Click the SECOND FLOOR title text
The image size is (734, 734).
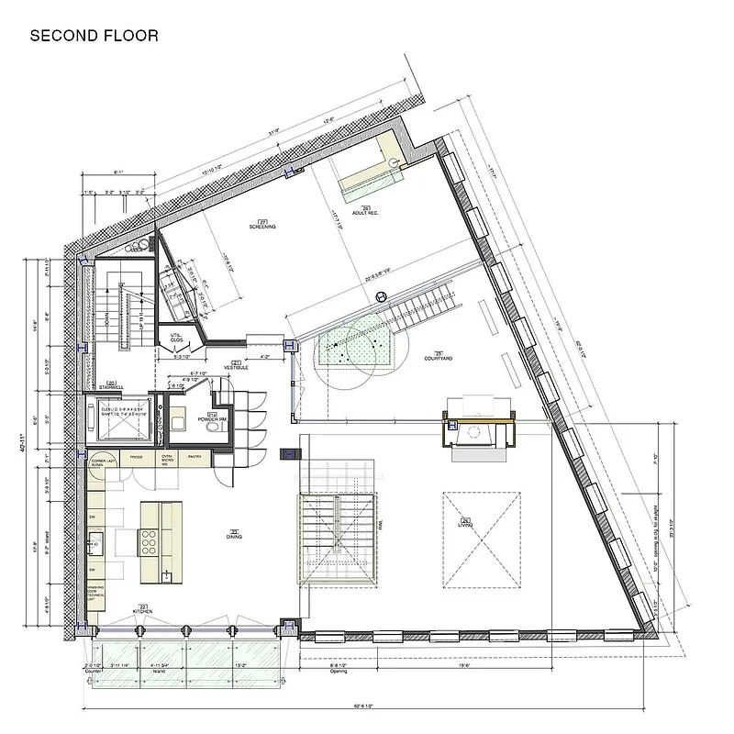point(94,36)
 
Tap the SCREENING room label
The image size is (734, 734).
point(262,225)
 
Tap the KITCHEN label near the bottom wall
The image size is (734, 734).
point(142,609)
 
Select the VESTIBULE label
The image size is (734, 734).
point(236,364)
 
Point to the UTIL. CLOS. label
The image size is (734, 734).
point(175,339)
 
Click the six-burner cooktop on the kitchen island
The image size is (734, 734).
point(150,543)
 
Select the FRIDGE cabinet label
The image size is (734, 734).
point(136,457)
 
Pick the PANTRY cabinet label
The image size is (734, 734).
point(194,457)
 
